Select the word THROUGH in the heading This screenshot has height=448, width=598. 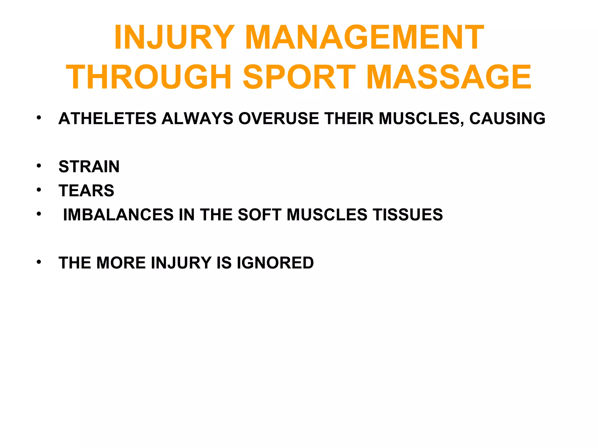point(149,77)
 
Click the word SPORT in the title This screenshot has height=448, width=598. point(299,77)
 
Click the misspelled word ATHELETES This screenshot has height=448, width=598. point(107,119)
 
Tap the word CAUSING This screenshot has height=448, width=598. point(507,119)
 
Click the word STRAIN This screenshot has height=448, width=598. point(89,167)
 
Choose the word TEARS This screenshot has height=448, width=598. point(86,191)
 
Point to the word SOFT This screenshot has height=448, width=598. point(260,215)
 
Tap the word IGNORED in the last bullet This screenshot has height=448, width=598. point(275,263)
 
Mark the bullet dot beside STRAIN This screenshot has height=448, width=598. point(39,166)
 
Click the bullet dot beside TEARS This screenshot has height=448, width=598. point(39,190)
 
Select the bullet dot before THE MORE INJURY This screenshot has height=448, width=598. point(39,262)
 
